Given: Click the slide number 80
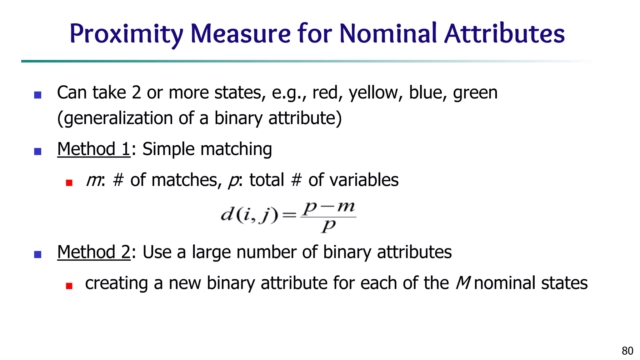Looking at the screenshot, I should point(627,351).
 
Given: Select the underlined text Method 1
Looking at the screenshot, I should point(94,149).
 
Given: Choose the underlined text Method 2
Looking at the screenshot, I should point(94,252).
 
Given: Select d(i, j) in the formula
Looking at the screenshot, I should point(249,215).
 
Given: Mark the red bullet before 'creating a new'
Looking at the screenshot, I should point(69,286).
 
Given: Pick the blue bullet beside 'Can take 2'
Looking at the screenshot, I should point(37,95).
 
